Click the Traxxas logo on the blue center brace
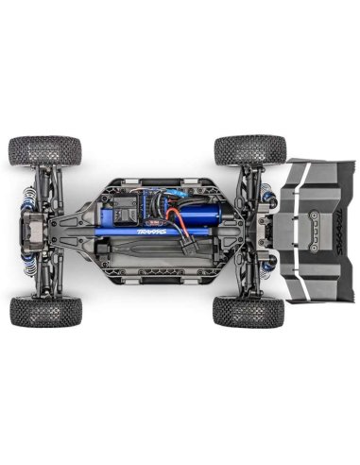click(152, 230)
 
